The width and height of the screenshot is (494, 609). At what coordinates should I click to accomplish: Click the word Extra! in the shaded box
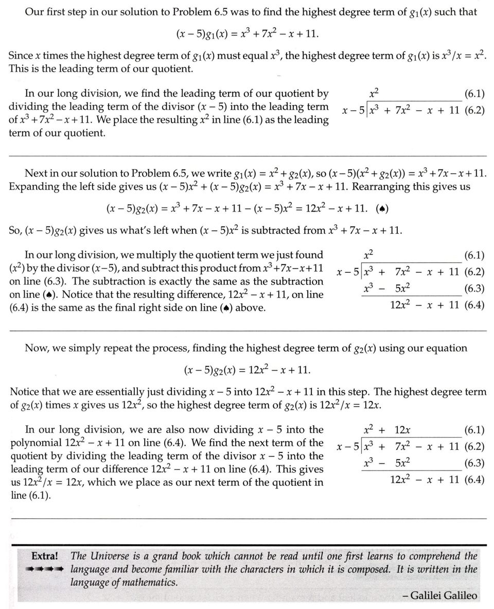coord(44,556)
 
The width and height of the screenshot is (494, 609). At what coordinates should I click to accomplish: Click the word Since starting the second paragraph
coord(21,55)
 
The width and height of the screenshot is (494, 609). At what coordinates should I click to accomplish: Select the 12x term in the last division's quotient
coord(402,430)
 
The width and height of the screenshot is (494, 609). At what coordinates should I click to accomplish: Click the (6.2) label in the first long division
coord(474,110)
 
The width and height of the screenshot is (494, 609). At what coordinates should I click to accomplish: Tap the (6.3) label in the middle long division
coord(474,289)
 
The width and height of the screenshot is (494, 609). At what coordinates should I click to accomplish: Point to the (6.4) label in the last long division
coord(474,480)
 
